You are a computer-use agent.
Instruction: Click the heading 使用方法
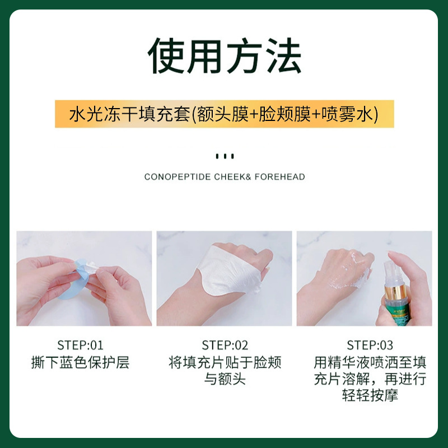point(225,55)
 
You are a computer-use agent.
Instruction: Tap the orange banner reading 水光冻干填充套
point(225,114)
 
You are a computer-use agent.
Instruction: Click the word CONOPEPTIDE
point(178,177)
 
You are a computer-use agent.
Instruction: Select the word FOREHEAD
point(279,177)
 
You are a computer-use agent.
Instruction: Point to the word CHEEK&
point(232,177)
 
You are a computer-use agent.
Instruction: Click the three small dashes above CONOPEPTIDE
point(225,156)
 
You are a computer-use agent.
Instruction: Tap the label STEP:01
point(80,345)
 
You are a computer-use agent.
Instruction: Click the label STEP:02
point(225,345)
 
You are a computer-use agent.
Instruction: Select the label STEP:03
point(370,345)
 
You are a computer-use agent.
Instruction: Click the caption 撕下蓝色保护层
point(80,362)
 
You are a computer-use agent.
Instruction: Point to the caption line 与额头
point(225,379)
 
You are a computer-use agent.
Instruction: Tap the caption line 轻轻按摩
point(370,395)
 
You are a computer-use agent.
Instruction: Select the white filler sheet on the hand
point(228,272)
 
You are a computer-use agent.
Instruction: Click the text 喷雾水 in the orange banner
point(347,114)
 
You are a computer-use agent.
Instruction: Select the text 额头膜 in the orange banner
point(223,114)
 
